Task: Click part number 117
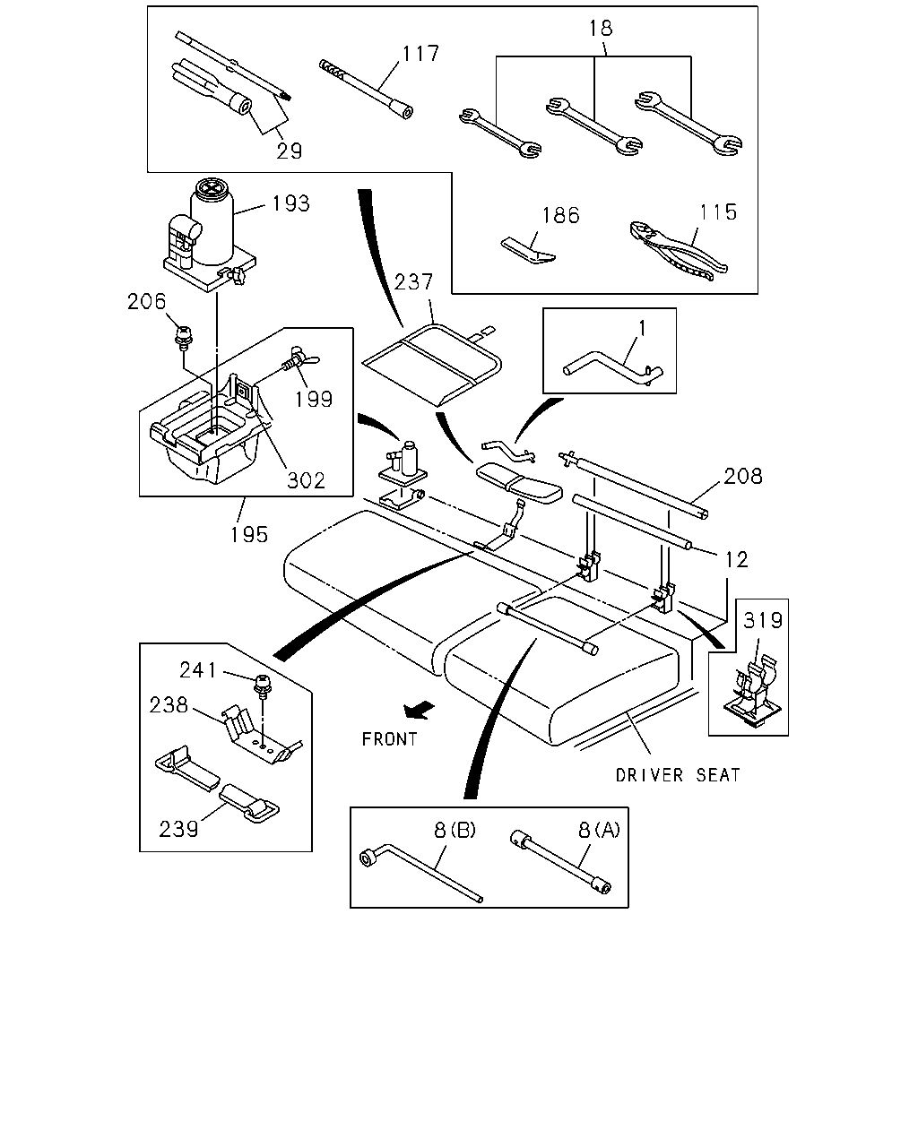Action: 420,53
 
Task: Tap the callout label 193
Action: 290,203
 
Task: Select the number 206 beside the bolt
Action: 146,302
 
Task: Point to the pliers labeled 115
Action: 678,250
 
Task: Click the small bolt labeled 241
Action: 263,685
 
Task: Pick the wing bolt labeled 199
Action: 301,359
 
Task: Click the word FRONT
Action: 389,738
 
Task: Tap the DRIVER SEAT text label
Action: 678,774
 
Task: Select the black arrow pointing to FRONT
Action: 419,711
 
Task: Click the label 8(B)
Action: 455,830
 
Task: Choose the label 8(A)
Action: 599,830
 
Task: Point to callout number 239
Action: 178,830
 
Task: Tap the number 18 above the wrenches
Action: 601,29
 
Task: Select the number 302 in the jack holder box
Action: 306,481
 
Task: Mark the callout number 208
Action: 743,476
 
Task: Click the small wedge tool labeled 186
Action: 528,250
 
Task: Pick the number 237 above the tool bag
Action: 413,281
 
